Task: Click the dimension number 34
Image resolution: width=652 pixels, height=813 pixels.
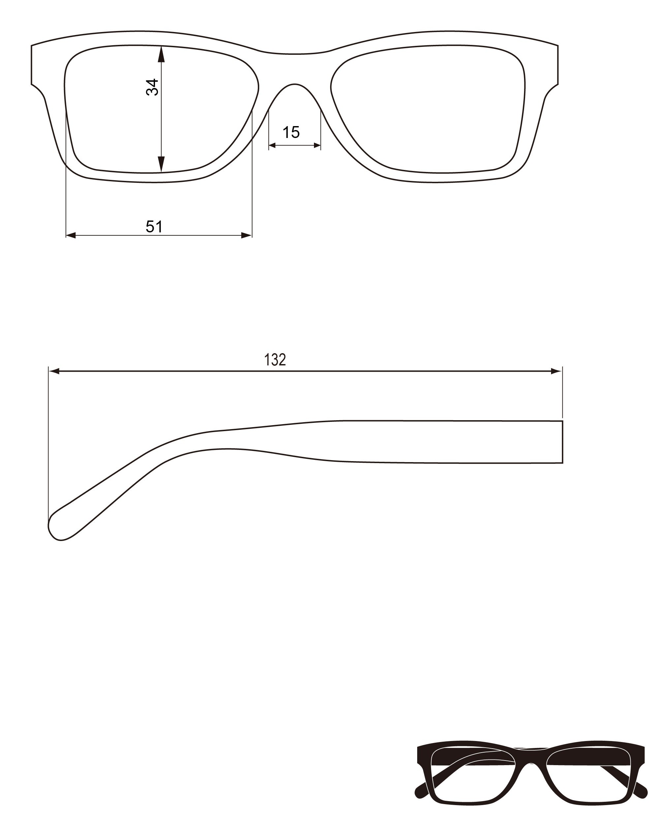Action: pos(152,87)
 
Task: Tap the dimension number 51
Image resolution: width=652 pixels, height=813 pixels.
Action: pos(154,227)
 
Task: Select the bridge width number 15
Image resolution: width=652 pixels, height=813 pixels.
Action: pos(291,132)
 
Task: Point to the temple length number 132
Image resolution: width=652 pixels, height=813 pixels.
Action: pos(275,360)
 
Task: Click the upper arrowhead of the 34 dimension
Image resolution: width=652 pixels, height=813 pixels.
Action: pos(161,54)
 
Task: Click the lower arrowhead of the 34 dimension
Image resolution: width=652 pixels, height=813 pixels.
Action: pos(161,164)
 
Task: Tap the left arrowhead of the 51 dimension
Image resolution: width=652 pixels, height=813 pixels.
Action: pos(71,235)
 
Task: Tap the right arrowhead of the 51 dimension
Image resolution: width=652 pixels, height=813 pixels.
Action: pos(247,235)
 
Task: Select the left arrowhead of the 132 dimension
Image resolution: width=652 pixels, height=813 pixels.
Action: pos(54,371)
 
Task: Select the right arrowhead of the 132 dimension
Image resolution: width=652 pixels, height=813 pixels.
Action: pos(556,371)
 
